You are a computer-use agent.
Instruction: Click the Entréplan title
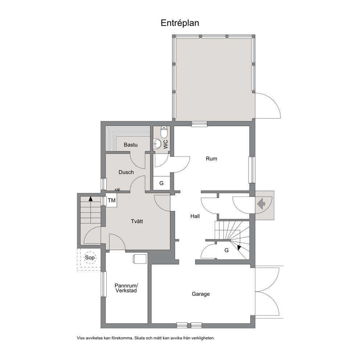(180, 23)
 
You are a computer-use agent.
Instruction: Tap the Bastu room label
(131, 145)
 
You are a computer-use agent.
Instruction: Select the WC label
(166, 144)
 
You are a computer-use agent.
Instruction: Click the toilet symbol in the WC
(164, 132)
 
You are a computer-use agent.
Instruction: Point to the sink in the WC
(157, 144)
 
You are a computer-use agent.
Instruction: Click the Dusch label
(126, 172)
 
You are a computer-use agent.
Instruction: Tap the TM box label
(111, 200)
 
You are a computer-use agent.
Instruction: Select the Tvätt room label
(137, 221)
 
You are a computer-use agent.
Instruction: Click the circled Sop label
(90, 258)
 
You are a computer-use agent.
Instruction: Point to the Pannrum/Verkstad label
(126, 288)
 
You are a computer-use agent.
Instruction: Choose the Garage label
(201, 294)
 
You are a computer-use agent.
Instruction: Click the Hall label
(195, 216)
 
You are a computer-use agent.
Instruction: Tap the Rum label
(211, 159)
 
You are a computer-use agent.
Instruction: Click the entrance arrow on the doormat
(261, 204)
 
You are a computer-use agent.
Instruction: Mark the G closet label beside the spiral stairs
(226, 250)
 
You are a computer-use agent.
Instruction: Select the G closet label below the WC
(161, 183)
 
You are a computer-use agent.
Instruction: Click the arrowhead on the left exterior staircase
(91, 199)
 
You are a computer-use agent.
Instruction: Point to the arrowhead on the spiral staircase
(239, 247)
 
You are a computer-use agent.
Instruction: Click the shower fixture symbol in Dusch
(117, 190)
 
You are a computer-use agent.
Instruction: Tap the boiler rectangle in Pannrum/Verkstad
(140, 259)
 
